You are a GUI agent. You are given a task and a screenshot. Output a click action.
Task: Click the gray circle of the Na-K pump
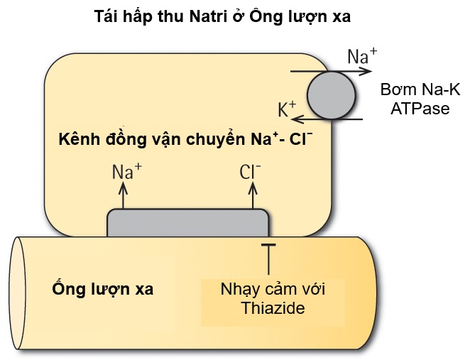point(331,94)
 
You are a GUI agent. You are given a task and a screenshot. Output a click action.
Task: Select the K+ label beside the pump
point(286,109)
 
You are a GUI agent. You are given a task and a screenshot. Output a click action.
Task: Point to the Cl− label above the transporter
point(251,171)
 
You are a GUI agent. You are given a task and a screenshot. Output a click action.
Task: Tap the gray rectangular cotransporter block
point(187,223)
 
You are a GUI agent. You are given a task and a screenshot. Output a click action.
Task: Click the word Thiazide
point(272,309)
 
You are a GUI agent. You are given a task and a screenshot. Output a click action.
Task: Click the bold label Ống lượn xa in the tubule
point(104,290)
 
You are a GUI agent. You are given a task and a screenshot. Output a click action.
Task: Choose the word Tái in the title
point(106,17)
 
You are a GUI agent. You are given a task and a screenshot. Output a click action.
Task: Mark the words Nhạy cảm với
point(272,290)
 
